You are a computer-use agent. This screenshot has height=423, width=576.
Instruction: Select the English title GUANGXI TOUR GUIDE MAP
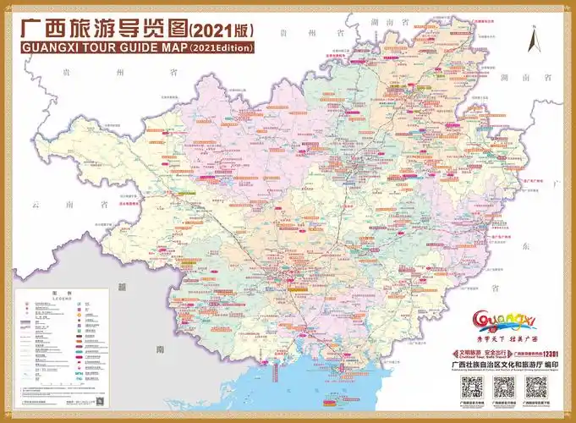pos(100,47)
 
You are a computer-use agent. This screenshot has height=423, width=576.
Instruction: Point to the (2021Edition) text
pos(222,48)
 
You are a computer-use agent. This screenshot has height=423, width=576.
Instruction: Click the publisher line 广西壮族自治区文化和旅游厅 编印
pos(503,365)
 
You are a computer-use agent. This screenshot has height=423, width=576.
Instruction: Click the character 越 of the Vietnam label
pos(123,288)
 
